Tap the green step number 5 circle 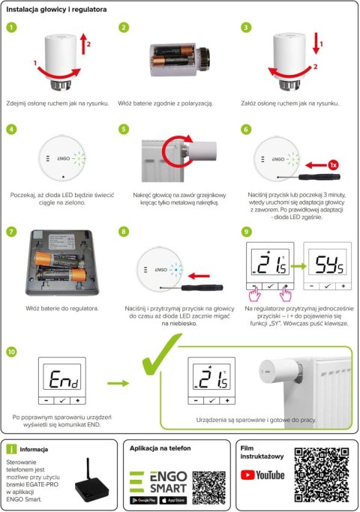(125, 128)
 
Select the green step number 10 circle (11, 351)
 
